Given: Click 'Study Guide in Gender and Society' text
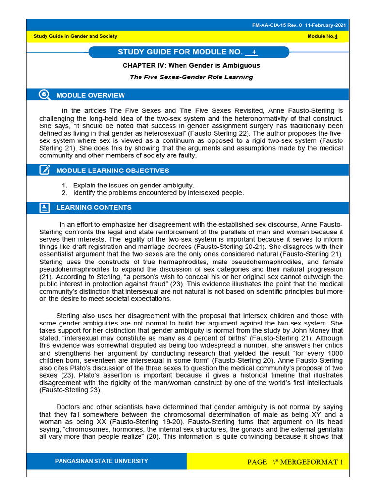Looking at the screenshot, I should [x=75, y=36].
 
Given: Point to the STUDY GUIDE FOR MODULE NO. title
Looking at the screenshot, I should [x=180, y=52].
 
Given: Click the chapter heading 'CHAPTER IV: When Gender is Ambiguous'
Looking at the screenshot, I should [x=191, y=65].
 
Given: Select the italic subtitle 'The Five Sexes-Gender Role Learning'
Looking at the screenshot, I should [x=191, y=77].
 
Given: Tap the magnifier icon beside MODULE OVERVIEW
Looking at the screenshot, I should [x=45, y=95].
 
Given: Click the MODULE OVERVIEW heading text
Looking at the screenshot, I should [x=91, y=95].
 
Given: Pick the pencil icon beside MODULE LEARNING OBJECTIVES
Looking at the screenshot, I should [x=45, y=170].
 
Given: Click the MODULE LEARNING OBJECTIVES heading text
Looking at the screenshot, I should [x=112, y=170].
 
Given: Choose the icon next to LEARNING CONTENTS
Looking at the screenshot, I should [x=45, y=208].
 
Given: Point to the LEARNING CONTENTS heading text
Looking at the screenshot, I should [x=94, y=208].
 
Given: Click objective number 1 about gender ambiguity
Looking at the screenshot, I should [x=133, y=186].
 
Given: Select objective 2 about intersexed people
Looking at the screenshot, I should [x=158, y=193].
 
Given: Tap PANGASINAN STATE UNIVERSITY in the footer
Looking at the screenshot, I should [x=102, y=461].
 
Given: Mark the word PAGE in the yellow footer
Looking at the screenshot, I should [x=257, y=462].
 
